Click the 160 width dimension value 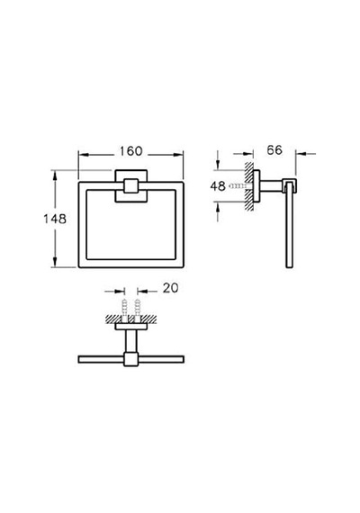(130, 151)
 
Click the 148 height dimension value (55, 219)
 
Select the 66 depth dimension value (274, 149)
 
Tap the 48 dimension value (218, 186)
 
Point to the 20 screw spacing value (170, 288)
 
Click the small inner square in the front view (131, 185)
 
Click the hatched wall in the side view (249, 186)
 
